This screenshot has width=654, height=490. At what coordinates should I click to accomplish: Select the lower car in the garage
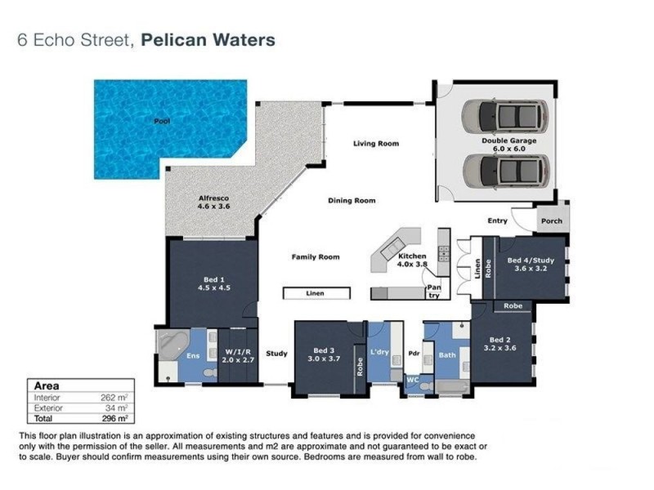(x=503, y=170)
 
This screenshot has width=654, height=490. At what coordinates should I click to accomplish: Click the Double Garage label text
(x=513, y=145)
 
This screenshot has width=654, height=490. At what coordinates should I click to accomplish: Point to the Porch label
(x=551, y=220)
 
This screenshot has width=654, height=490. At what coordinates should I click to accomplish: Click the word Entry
(x=497, y=220)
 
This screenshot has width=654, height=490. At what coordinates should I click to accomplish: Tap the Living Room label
(x=375, y=144)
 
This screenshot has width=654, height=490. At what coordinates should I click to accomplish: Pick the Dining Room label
(x=352, y=200)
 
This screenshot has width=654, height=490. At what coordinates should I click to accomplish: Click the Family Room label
(x=316, y=256)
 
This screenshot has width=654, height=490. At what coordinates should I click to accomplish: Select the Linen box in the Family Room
(x=316, y=293)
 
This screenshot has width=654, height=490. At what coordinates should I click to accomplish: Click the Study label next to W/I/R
(x=276, y=354)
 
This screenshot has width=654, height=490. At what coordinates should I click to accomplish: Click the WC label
(x=413, y=380)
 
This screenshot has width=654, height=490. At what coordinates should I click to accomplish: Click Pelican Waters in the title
(x=208, y=39)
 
